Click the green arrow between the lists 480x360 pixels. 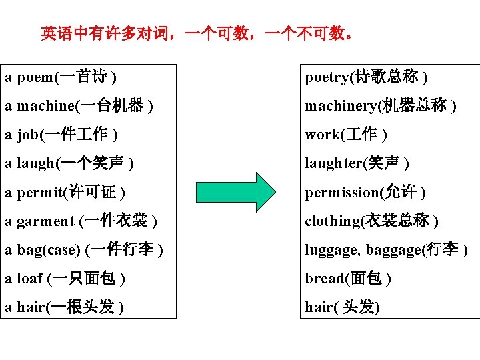click(237, 192)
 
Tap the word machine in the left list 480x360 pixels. click(45, 107)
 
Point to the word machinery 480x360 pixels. click(339, 107)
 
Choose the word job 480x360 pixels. click(27, 135)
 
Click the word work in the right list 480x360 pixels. click(322, 135)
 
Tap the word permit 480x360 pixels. click(37, 193)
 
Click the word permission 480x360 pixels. click(341, 193)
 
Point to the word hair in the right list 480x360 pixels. click(317, 307)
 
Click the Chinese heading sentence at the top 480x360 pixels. click(197, 33)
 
